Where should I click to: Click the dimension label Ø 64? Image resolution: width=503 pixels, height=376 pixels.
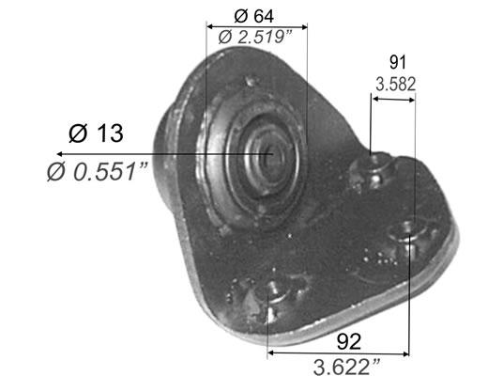pyautogui.click(x=253, y=16)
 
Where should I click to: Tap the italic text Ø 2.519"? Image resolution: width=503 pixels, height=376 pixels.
pyautogui.click(x=255, y=37)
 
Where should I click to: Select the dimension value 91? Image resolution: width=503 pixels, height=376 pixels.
pyautogui.click(x=398, y=62)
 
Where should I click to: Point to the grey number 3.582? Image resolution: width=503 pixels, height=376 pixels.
pyautogui.click(x=395, y=84)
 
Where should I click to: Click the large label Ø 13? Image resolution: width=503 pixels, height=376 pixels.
pyautogui.click(x=96, y=133)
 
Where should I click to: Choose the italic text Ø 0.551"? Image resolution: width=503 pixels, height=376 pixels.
pyautogui.click(x=98, y=172)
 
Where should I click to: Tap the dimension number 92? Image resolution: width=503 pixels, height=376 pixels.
pyautogui.click(x=349, y=341)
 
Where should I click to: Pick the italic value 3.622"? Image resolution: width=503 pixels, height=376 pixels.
pyautogui.click(x=346, y=367)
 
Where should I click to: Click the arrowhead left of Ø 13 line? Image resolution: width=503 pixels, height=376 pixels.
pyautogui.click(x=59, y=154)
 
